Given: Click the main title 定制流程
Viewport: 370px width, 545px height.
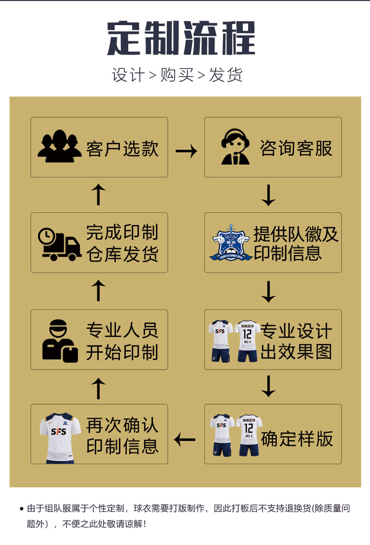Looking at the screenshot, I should pos(181,38).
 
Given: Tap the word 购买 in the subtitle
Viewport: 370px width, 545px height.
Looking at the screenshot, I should pos(177,75).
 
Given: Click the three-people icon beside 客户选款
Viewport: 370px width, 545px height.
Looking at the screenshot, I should pos(60,147).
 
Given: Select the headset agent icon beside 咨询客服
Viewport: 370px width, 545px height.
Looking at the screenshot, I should pos(235,147).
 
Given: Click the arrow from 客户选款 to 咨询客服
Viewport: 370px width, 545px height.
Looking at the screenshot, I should pos(186,151).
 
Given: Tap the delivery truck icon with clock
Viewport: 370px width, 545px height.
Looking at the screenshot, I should pos(60,244).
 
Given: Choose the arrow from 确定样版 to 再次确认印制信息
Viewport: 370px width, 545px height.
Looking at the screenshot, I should pos(185,438).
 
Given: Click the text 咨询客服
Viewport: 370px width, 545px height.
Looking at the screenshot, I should pos(296,148).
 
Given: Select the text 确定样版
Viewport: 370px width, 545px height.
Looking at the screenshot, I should pos(297,438).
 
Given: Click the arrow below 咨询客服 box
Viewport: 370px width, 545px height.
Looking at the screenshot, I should pos(268,195).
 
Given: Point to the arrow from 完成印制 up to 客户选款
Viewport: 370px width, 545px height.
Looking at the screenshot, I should pos(99,195).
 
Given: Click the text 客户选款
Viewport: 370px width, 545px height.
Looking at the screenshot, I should pos(122,148).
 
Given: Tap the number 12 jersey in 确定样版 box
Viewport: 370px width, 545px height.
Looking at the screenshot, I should pos(249,435).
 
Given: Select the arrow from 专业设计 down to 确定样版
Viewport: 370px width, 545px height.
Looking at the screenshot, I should pos(268,387).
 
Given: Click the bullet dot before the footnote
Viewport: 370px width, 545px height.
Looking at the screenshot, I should pos(21,508).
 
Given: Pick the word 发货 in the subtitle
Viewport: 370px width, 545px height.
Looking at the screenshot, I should pos(226,75).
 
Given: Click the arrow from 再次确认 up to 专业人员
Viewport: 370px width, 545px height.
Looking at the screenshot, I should pos(99,388).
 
